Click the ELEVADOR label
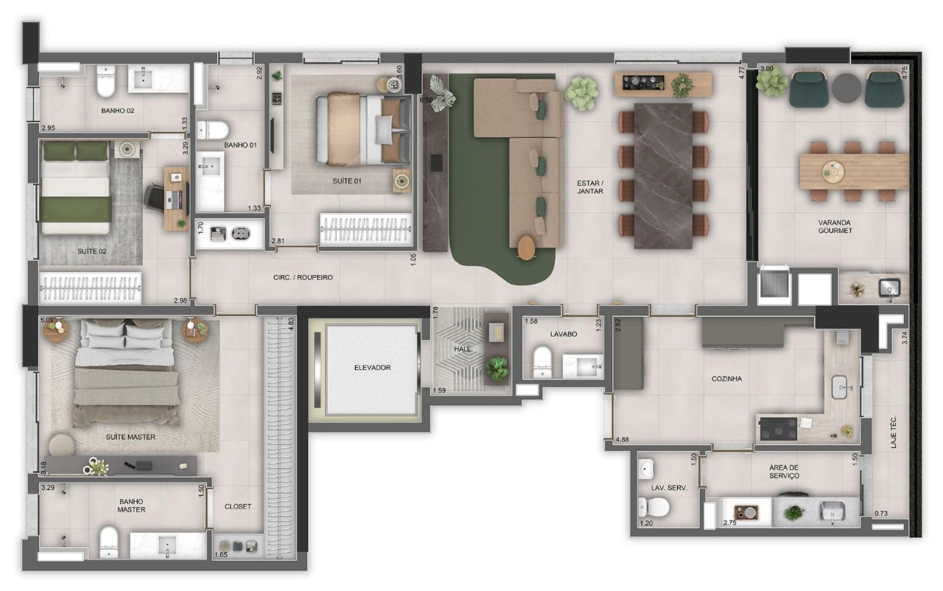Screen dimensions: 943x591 [x=372, y=368]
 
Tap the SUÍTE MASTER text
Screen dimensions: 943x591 [x=130, y=437]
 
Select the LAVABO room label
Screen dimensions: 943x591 [x=564, y=334]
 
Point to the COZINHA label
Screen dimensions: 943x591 [x=726, y=379]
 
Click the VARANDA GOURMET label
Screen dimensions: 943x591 [x=835, y=226]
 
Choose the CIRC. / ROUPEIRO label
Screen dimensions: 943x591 [x=303, y=277]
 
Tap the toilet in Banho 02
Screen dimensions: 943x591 [x=105, y=81]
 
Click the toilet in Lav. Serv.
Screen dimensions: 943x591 [x=653, y=507]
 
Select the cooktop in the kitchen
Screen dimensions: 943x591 [x=779, y=429]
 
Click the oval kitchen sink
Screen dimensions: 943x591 [x=841, y=387]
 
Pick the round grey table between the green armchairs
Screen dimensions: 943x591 [x=847, y=88]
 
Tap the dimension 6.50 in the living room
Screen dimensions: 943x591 [x=426, y=99]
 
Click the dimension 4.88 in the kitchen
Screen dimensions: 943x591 [x=622, y=439]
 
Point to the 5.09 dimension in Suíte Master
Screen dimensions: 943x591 [x=46, y=321]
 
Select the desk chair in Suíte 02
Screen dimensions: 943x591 [x=154, y=197]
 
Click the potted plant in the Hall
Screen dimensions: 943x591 [x=497, y=368]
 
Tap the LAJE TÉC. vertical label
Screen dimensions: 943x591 [x=894, y=432]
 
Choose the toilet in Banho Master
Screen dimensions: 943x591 [x=108, y=542]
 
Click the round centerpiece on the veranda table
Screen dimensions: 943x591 [x=832, y=172]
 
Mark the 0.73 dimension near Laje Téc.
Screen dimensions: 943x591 [x=881, y=513]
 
